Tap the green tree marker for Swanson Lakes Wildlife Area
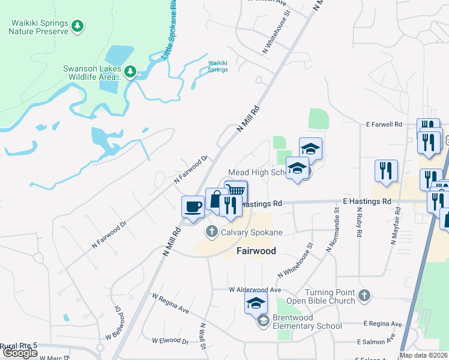pyautogui.click(x=130, y=73)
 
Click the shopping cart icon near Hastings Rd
pyautogui.click(x=237, y=191)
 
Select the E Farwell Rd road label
pyautogui.click(x=384, y=124)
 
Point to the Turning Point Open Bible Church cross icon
pyautogui.click(x=364, y=295)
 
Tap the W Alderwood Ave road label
pyautogui.click(x=255, y=289)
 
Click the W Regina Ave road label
pyautogui.click(x=170, y=304)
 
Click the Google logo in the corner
pyautogui.click(x=20, y=353)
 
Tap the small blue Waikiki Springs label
pyautogui.click(x=218, y=66)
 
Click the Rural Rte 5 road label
pyautogui.click(x=19, y=346)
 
